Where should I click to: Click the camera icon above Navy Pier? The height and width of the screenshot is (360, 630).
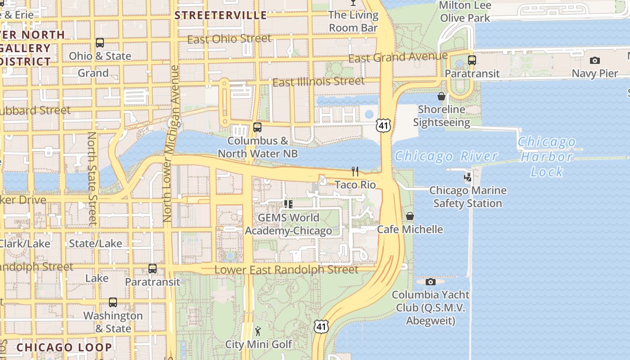click(594, 60)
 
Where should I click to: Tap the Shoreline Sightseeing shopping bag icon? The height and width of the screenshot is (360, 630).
click(441, 96)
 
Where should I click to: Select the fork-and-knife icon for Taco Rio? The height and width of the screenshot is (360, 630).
click(355, 171)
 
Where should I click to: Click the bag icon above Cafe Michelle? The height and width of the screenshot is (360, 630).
click(410, 216)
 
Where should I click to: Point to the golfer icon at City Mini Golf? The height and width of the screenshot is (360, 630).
click(258, 332)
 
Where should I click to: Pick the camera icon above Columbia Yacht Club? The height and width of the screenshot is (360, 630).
click(431, 282)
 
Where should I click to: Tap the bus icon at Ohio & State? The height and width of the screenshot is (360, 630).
click(100, 43)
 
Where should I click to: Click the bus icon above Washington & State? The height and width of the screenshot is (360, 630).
click(113, 302)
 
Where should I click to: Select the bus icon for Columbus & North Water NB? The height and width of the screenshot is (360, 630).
click(257, 127)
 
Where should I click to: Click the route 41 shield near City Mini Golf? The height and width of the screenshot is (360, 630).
click(321, 326)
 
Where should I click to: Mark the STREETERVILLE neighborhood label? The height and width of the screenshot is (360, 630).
click(220, 15)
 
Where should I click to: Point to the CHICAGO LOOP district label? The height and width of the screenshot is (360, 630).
click(64, 347)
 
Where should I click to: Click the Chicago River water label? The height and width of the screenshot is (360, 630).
click(446, 156)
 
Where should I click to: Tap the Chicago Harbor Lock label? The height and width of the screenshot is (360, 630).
click(547, 157)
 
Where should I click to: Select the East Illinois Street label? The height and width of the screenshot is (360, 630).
click(319, 82)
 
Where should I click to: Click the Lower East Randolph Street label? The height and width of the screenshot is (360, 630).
click(287, 270)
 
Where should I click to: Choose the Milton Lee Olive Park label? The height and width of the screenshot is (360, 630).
click(465, 12)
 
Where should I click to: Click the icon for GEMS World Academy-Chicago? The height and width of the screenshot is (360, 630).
click(288, 204)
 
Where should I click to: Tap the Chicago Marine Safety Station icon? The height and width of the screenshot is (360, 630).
click(468, 177)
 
